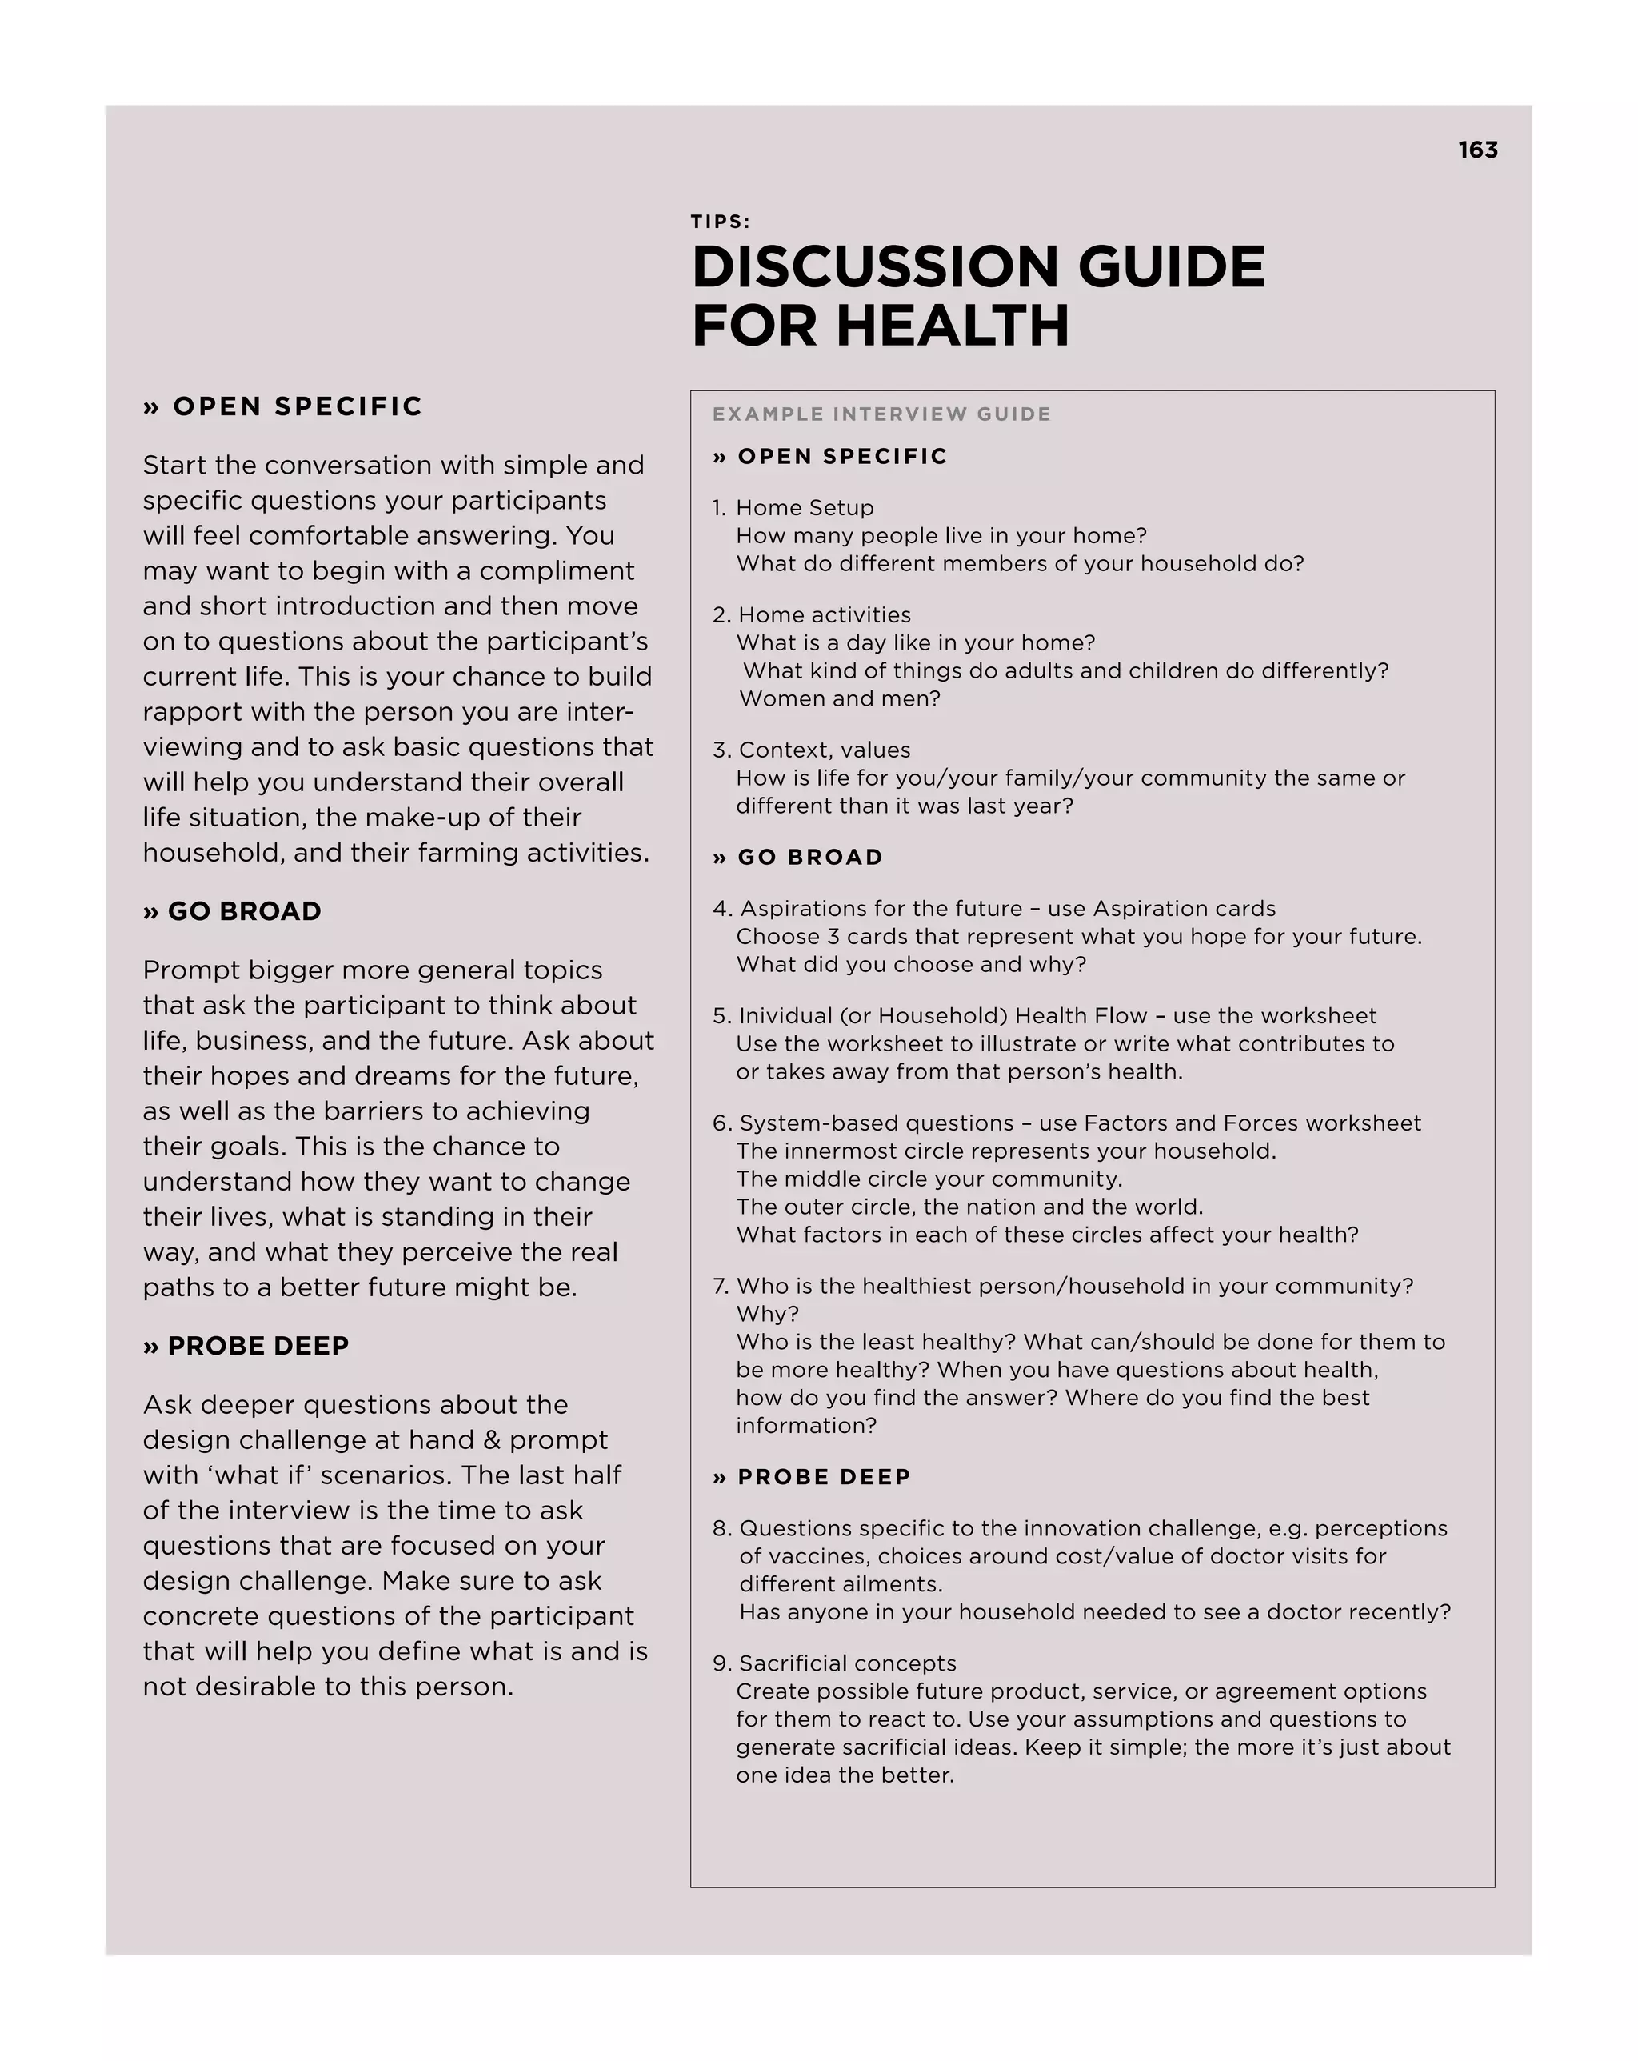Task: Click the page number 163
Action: click(1477, 150)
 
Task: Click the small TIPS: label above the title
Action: click(721, 222)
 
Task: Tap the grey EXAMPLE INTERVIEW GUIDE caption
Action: click(881, 414)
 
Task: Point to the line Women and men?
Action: click(839, 698)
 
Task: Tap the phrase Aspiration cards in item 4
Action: click(1183, 908)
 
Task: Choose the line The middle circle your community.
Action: click(929, 1179)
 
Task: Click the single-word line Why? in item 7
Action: click(766, 1315)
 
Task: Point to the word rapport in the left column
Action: click(196, 712)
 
